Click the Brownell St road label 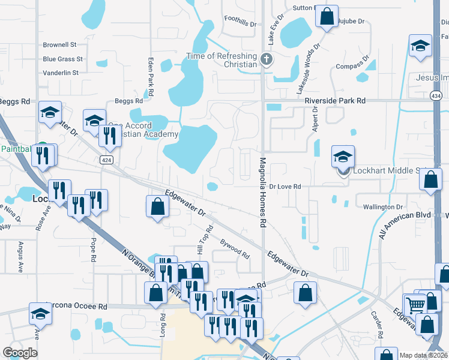click(x=59, y=45)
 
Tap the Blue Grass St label click(x=62, y=59)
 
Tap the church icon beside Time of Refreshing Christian click(x=267, y=59)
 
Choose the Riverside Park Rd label click(x=335, y=101)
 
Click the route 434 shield click(x=436, y=95)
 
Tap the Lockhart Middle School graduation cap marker click(x=343, y=157)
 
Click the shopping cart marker click(x=415, y=304)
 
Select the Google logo click(x=20, y=353)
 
